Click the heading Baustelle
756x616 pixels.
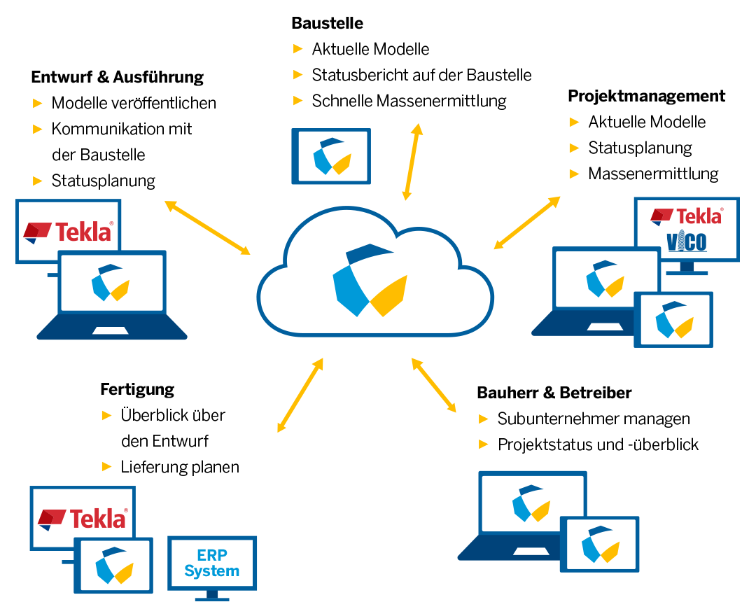[x=327, y=23]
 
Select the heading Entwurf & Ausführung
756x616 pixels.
[x=117, y=77]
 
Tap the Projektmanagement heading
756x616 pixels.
[x=646, y=96]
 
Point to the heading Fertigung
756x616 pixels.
[x=137, y=389]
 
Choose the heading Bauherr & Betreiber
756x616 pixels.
[x=554, y=393]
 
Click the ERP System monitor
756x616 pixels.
[x=212, y=564]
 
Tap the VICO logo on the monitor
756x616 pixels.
[x=686, y=242]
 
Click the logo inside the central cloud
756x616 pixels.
[x=370, y=280]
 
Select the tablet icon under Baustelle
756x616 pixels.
[x=330, y=156]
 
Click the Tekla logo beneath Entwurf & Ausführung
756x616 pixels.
[x=68, y=231]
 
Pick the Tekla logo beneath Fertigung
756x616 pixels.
[x=83, y=518]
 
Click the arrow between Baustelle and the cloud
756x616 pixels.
[x=411, y=162]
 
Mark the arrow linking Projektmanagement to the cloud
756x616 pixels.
[x=527, y=223]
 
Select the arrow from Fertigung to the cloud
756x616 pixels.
[x=300, y=395]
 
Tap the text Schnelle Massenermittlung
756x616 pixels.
[x=409, y=101]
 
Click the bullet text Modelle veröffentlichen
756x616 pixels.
[x=134, y=103]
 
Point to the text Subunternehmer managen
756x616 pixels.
[x=594, y=419]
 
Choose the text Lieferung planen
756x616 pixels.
[x=180, y=467]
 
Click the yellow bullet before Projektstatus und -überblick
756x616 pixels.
[x=483, y=444]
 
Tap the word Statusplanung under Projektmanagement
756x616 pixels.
[x=640, y=148]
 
